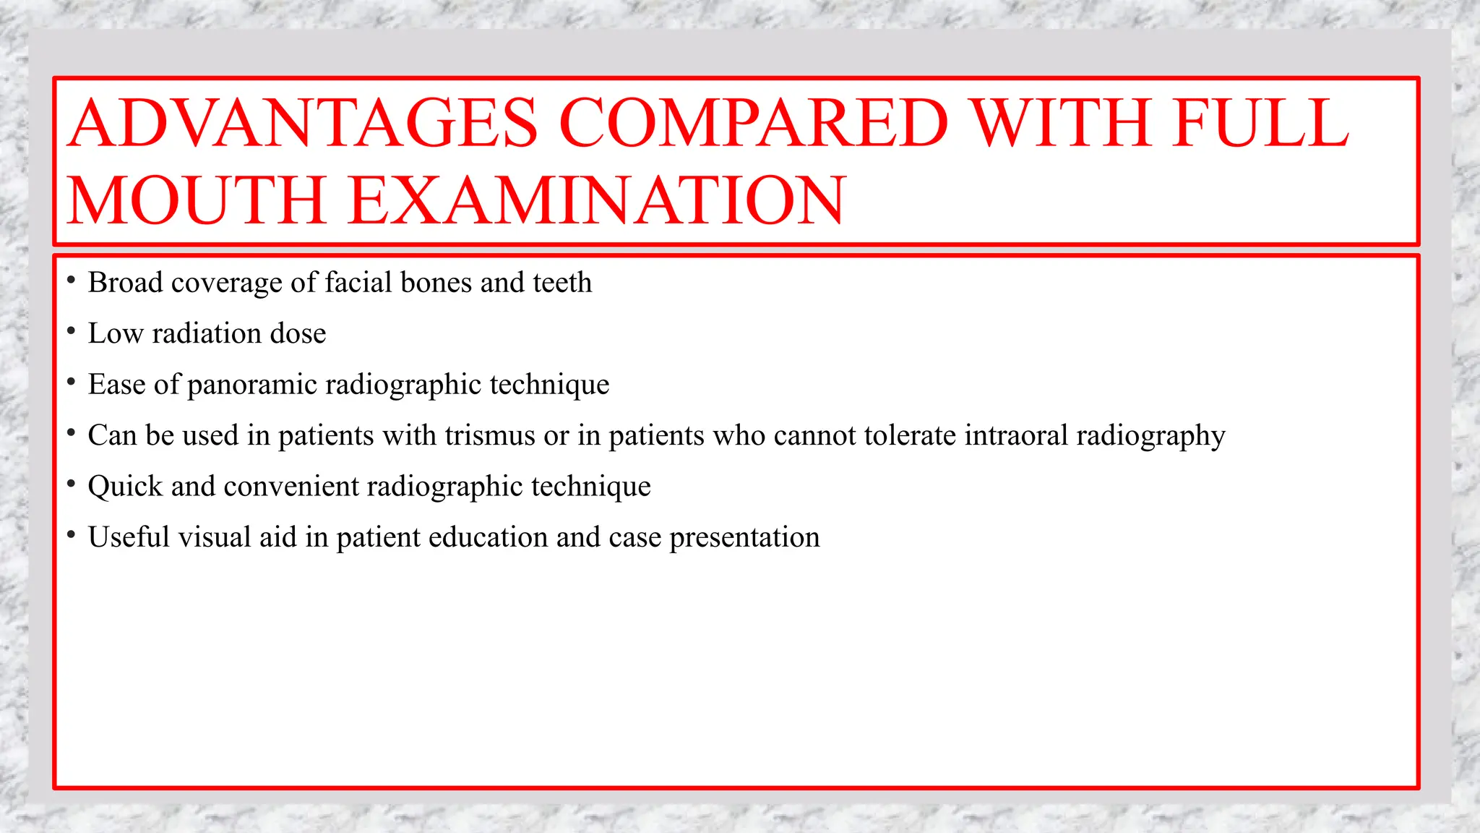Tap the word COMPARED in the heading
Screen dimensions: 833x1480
point(753,123)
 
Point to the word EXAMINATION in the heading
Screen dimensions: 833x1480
point(596,200)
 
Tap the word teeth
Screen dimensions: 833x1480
point(562,283)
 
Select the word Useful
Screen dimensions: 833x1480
point(129,537)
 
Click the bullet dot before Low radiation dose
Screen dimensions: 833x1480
point(71,332)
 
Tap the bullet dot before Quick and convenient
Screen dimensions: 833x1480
point(71,484)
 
